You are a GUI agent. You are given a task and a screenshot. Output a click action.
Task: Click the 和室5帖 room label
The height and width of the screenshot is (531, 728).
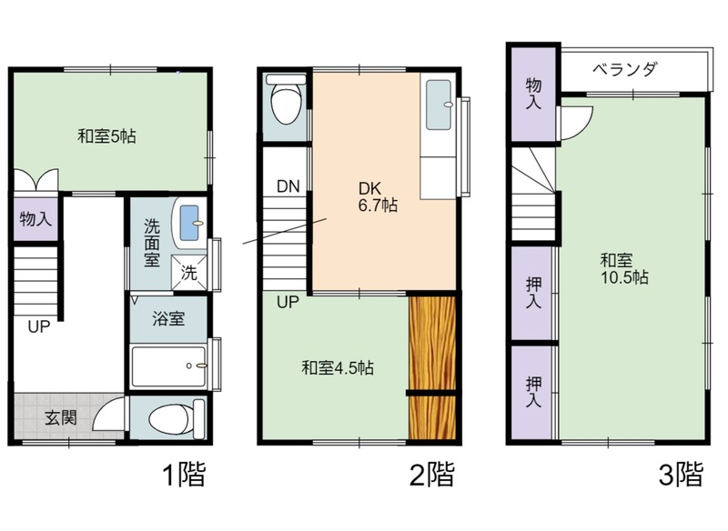pos(106,136)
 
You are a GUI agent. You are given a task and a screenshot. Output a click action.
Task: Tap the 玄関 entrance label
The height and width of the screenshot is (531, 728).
pos(60,418)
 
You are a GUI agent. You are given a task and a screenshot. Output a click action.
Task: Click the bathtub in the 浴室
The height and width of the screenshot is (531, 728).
pos(168,366)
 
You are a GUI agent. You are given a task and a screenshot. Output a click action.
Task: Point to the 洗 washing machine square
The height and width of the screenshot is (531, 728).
pos(189,273)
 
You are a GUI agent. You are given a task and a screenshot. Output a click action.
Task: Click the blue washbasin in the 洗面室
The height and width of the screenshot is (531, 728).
pos(189,223)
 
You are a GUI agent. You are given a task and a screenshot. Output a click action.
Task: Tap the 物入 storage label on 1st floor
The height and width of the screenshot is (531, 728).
pos(35,219)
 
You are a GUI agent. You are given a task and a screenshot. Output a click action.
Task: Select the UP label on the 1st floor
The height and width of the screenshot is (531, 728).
pos(38,327)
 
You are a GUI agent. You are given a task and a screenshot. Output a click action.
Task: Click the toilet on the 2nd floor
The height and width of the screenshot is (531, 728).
pos(286,99)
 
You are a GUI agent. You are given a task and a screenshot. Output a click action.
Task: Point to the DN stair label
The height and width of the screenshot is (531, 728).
pos(288,186)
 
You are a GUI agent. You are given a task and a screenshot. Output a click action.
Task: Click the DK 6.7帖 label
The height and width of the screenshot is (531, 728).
pos(378,196)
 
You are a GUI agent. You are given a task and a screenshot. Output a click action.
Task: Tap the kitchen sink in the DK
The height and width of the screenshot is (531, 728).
pos(439,105)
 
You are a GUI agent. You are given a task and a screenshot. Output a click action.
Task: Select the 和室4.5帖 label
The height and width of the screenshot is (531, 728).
pos(338,367)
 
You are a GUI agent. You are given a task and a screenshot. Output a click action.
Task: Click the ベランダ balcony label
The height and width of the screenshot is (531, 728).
pos(625,70)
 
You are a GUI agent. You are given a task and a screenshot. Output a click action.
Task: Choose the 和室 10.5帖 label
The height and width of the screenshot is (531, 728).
pos(624,268)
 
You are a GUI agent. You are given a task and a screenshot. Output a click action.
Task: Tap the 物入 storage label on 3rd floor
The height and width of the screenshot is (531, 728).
pos(533,94)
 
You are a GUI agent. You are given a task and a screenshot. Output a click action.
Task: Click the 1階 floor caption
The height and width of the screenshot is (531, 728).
pos(184,474)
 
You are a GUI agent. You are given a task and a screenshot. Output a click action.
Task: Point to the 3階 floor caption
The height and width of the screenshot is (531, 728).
pos(681,474)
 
